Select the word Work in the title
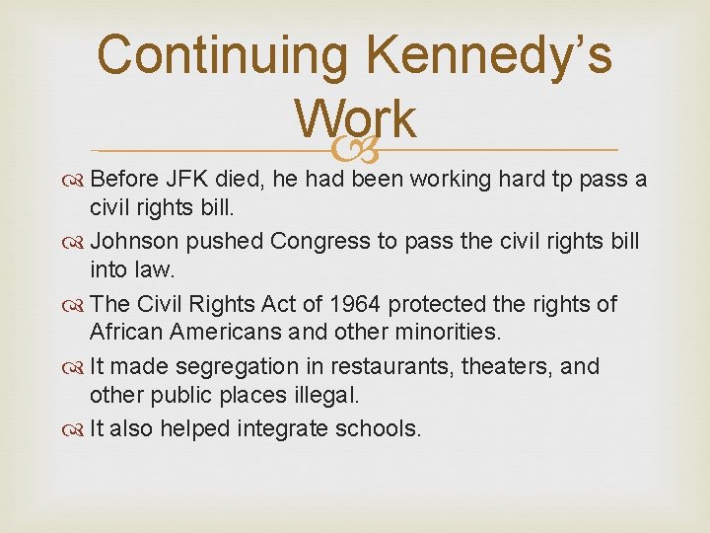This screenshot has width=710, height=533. (355, 120)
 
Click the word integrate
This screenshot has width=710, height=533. (272, 428)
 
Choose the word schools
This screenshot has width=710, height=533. (376, 428)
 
